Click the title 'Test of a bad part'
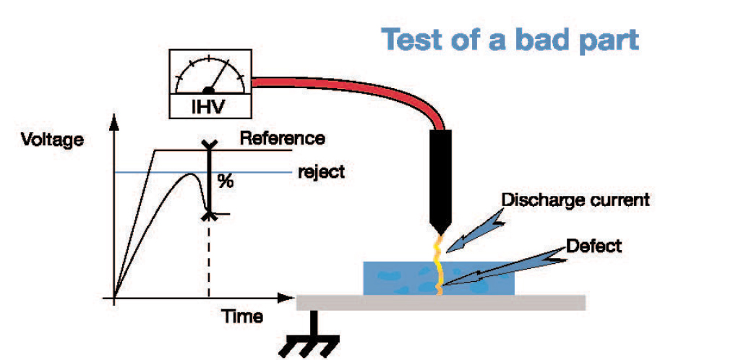coord(510,40)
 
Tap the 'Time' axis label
coord(241,316)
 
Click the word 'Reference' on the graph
coord(282,137)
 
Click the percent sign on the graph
coord(226,181)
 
